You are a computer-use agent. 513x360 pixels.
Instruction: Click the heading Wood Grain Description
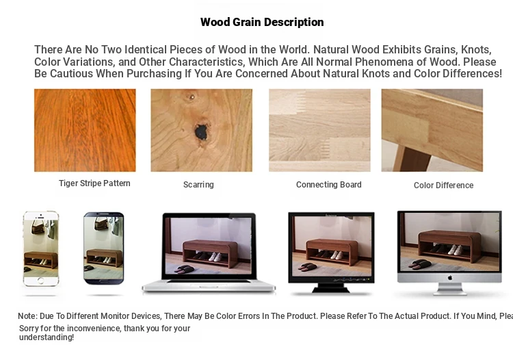pos(262,23)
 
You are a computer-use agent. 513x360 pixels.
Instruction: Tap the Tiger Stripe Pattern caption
pos(94,183)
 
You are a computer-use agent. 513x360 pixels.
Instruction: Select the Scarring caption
pos(198,185)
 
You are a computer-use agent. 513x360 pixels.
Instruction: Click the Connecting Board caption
pos(329,185)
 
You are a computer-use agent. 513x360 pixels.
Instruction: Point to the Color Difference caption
pos(444,185)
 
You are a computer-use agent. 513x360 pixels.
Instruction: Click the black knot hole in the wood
pos(202,132)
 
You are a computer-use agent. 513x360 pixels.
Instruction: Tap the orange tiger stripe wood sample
pos(85,130)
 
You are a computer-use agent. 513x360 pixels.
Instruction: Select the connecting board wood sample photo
pos(319,130)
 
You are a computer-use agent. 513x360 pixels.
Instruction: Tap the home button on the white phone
pos(40,281)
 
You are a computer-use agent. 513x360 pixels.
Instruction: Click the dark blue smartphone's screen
pos(104,248)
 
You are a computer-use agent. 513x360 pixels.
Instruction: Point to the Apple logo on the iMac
pos(450,277)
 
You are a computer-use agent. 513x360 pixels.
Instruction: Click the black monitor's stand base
pos(331,288)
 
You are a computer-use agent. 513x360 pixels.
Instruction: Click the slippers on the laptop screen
pos(184,270)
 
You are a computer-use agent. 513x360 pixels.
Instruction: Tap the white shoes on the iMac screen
pos(455,250)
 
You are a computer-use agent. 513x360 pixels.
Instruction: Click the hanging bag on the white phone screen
pos(38,227)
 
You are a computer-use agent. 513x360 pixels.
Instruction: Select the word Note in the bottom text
pos(27,316)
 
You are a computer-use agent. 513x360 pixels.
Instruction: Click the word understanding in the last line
pos(47,337)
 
